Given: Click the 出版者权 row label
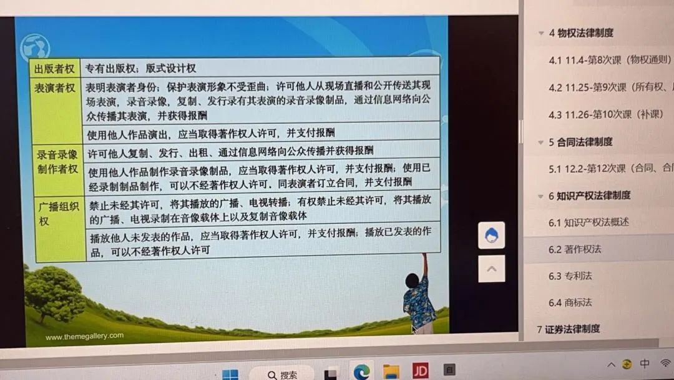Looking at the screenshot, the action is click(54, 69).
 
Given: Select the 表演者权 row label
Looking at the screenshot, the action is click(54, 88).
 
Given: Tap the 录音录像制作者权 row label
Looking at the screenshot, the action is click(57, 162).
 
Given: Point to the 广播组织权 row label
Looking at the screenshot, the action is click(59, 214).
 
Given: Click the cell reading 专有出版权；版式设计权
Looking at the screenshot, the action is click(140, 68).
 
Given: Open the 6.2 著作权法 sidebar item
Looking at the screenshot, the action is click(575, 249).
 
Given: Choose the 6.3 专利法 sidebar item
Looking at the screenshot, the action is click(570, 276).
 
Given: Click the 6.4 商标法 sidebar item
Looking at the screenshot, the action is click(570, 302).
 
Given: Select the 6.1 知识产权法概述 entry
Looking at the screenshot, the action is click(589, 222).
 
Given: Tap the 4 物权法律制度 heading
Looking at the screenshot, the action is click(581, 33).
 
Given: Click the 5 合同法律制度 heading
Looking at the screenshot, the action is click(580, 142).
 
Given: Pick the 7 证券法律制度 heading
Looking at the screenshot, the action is click(569, 329).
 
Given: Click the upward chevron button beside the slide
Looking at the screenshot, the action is click(491, 269).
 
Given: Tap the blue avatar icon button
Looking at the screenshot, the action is click(491, 236).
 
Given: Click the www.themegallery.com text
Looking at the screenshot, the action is click(85, 336).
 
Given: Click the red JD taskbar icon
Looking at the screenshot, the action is click(420, 370).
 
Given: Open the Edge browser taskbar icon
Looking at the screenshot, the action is click(361, 371).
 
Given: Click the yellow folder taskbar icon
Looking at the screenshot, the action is click(391, 371).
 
